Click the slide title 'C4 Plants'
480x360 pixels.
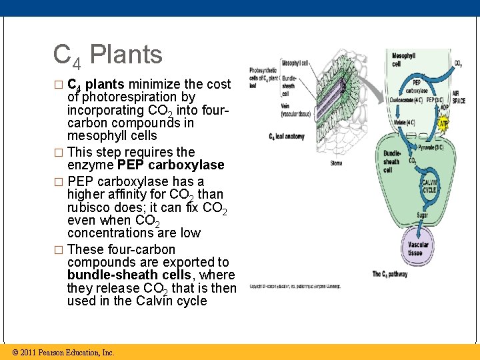pos(107,55)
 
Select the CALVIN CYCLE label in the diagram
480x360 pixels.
pos(429,185)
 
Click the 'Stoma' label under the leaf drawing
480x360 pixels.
pos(336,162)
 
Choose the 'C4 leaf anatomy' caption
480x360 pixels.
pos(287,137)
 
